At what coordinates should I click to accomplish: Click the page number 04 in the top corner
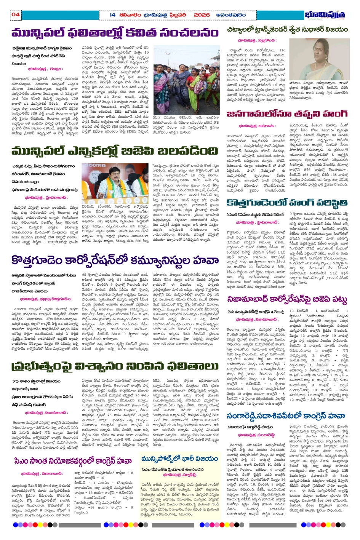16,14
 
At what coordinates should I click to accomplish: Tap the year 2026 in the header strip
202,15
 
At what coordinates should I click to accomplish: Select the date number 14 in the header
112,15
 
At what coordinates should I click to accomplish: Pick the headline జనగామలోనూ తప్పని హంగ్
286,114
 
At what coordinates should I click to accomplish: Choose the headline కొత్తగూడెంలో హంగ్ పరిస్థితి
286,203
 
